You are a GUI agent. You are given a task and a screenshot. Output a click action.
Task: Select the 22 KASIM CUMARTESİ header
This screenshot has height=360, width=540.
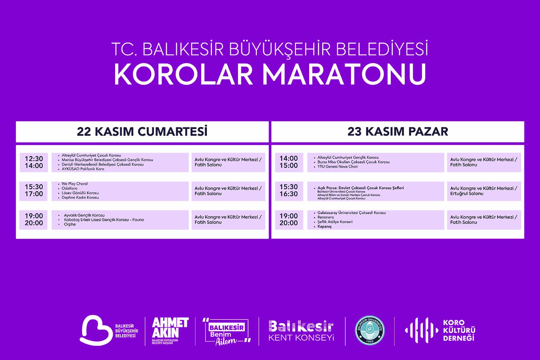142,132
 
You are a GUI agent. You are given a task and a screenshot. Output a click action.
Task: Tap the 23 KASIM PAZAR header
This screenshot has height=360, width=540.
398,132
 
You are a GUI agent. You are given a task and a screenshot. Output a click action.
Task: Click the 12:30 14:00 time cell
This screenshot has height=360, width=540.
34,162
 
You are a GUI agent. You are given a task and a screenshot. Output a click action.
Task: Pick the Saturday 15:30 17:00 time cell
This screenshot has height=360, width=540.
34,190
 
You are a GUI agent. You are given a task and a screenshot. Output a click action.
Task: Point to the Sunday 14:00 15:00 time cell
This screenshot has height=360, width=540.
289,162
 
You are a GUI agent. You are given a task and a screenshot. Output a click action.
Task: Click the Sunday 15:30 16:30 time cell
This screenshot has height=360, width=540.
289,190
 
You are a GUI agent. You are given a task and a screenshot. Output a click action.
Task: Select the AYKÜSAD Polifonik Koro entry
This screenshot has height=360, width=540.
83,169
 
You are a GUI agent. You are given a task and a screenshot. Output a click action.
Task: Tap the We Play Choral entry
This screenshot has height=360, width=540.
75,184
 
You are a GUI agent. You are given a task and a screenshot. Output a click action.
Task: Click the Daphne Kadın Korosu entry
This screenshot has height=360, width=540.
80,198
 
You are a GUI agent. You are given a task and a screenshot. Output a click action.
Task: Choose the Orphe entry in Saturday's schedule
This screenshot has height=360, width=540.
70,224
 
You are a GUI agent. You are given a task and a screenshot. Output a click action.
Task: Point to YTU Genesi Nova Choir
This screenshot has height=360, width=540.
338,167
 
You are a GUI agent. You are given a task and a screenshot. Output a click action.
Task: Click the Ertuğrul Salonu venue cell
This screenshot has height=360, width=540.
484,191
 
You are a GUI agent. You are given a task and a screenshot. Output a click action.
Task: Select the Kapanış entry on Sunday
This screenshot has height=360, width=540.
324,227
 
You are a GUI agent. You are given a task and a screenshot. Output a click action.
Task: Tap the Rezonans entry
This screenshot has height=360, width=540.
326,217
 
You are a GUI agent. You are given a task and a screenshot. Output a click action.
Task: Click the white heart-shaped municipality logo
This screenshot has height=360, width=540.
95,329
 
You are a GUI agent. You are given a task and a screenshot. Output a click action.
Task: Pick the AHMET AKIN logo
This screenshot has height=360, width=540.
170,329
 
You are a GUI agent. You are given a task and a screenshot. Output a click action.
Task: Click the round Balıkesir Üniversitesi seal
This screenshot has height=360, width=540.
370,331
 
